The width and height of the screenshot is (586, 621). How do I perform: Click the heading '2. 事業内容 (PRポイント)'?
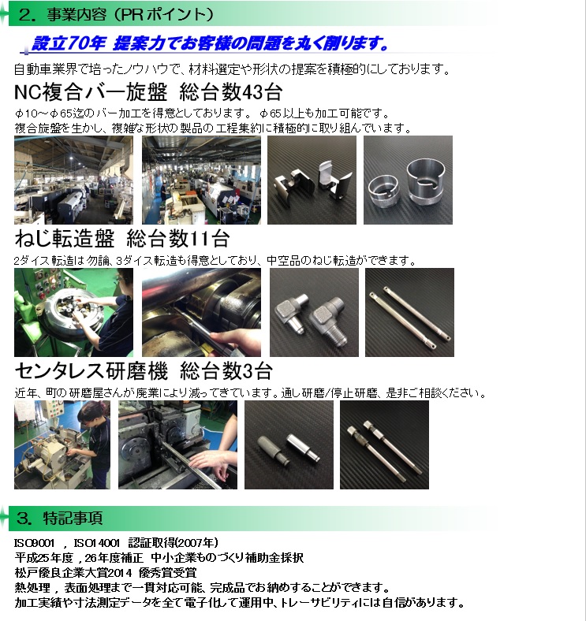coord(116,14)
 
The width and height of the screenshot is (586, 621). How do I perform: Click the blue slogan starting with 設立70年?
coord(210,43)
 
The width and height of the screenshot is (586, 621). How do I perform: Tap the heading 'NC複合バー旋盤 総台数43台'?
coord(148,92)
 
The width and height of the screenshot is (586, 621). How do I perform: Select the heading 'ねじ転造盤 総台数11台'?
coord(121,239)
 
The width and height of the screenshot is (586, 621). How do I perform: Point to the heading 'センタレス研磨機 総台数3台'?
coord(144,371)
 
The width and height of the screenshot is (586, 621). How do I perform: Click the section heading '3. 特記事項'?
coord(60,518)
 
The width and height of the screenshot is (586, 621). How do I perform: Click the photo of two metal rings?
coord(408,180)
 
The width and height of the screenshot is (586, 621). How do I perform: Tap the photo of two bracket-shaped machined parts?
coord(312,180)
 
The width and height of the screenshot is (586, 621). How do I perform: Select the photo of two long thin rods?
coord(409,313)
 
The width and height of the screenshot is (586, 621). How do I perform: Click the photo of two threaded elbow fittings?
coord(314,313)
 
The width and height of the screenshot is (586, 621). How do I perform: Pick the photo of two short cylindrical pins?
coord(289,444)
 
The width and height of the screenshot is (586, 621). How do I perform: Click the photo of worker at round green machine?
coord(74,313)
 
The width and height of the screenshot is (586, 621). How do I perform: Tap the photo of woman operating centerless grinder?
coord(62,444)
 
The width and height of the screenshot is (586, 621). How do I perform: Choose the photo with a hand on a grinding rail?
coord(177,444)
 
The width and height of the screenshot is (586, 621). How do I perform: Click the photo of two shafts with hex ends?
coord(384,444)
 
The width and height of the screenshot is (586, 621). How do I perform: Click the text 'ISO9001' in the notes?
coord(34,543)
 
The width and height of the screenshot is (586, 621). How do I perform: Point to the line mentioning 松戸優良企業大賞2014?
coord(106,573)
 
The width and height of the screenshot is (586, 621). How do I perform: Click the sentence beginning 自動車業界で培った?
coord(233,69)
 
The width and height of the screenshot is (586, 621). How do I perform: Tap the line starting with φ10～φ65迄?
coord(202,113)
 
